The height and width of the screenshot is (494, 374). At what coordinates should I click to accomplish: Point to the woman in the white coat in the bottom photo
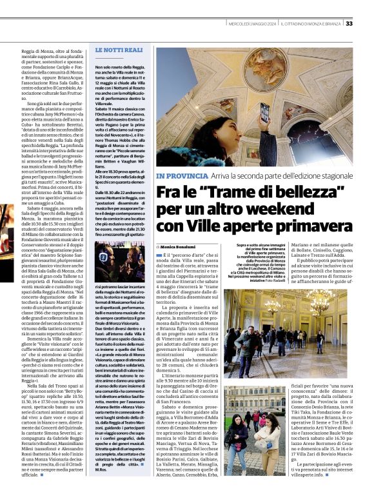(263, 438)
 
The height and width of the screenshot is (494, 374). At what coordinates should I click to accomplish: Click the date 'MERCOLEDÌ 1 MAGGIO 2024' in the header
(252, 24)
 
